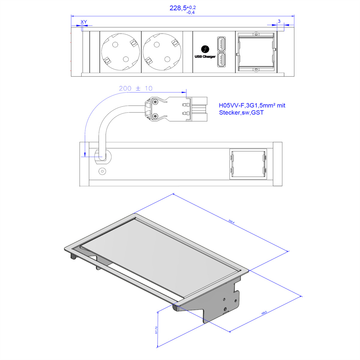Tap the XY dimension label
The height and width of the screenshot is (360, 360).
click(x=84, y=22)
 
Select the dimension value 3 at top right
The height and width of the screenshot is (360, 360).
click(x=279, y=21)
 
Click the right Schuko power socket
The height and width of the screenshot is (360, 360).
click(x=162, y=52)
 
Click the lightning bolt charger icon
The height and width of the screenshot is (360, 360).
click(x=205, y=49)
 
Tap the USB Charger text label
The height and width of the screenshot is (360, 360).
click(x=205, y=57)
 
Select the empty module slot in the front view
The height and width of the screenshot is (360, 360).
click(x=256, y=52)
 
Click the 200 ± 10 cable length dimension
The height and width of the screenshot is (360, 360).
click(x=136, y=88)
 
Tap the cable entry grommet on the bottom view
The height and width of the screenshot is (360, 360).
click(x=102, y=156)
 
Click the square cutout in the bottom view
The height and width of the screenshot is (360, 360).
click(x=248, y=164)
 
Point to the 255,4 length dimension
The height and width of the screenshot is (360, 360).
click(x=231, y=222)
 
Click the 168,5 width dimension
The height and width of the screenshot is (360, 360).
click(x=264, y=313)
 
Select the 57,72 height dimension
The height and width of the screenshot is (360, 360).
click(x=156, y=330)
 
